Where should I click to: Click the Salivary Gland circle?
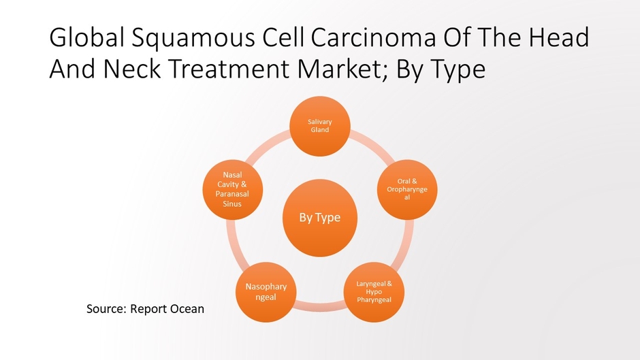click(319, 126)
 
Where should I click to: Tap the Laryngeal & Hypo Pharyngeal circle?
click(374, 291)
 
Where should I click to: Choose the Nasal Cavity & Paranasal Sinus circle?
click(231, 190)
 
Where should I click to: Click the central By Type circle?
click(319, 218)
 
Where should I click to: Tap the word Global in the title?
click(84, 38)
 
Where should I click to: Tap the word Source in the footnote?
click(106, 309)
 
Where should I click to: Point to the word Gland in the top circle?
click(319, 130)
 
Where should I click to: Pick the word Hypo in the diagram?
click(374, 291)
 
